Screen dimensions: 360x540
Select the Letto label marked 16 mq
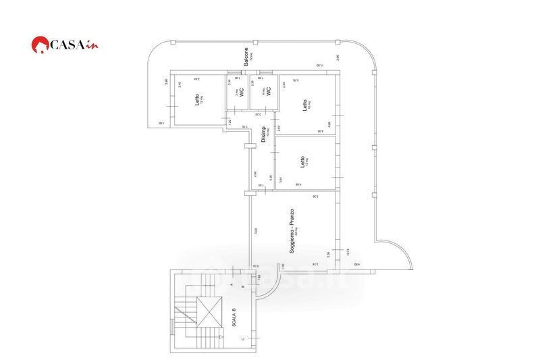[x=305, y=105]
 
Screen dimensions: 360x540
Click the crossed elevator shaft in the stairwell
[x=209, y=311]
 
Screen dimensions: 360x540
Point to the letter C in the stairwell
[x=243, y=338]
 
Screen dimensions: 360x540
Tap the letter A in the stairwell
[x=232, y=285]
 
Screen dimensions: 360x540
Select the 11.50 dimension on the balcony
[x=319, y=66]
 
